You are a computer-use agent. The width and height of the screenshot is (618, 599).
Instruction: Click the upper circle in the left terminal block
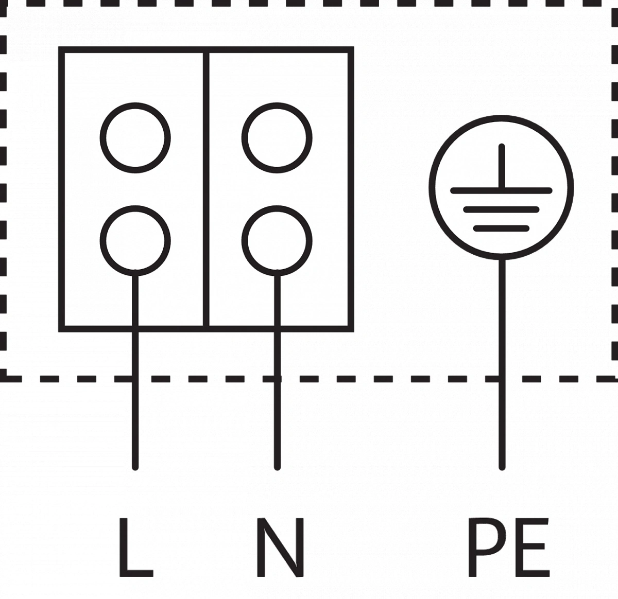(135, 138)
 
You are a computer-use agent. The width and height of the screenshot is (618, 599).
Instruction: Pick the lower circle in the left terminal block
(135, 240)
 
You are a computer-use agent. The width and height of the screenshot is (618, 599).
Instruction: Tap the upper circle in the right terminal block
(277, 138)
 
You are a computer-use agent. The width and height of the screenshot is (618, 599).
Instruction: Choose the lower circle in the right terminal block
(277, 240)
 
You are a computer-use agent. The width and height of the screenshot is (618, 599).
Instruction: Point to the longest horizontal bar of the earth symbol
(501, 191)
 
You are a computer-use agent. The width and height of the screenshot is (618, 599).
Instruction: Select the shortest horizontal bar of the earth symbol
(501, 228)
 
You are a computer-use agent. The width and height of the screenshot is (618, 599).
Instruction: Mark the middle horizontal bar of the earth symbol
(501, 209)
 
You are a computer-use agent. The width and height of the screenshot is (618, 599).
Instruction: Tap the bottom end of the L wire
(135, 466)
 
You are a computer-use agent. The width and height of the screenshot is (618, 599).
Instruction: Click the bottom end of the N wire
(278, 466)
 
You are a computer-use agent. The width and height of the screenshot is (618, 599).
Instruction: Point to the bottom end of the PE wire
(502, 466)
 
